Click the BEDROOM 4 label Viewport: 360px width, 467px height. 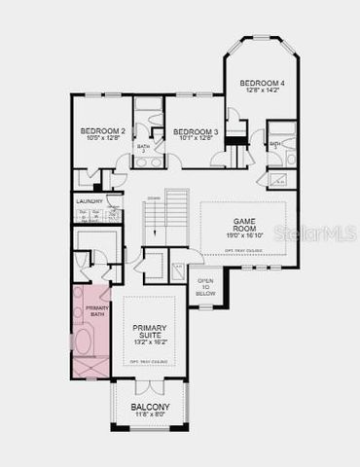point(263,84)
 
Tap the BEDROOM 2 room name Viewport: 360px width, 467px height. point(102,130)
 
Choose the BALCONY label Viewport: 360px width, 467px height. point(150,406)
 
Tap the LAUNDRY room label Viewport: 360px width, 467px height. point(90,201)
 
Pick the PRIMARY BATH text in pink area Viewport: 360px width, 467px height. point(95,310)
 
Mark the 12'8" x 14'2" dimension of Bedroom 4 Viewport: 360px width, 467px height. point(263,92)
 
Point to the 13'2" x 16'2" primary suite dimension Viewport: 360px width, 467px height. point(150,341)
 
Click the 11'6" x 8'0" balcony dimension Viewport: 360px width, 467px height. point(150,415)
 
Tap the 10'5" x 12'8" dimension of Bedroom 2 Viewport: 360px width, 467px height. point(102,138)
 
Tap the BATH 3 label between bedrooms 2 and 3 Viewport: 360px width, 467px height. point(143,149)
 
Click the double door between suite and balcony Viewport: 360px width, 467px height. point(150,376)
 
